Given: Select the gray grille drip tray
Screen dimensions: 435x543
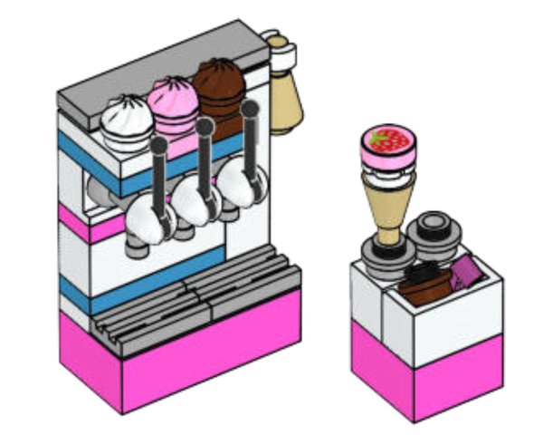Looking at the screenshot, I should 195,295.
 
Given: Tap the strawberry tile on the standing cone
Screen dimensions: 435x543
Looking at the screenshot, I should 388,141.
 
